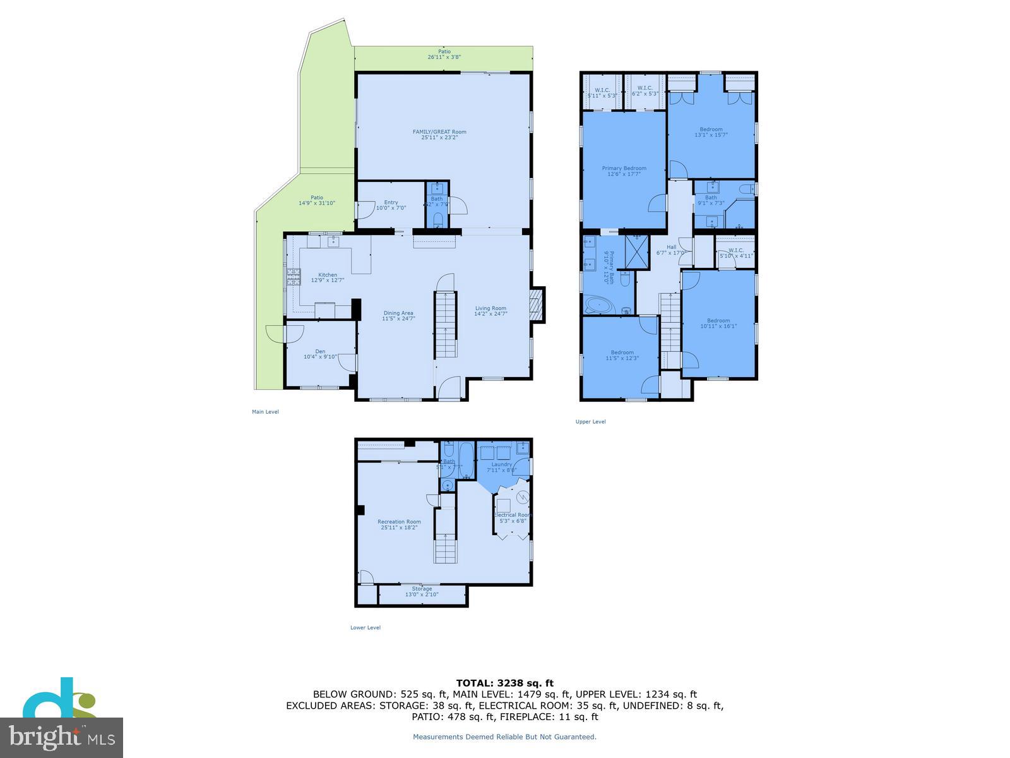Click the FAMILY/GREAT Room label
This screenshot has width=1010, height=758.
coord(439,135)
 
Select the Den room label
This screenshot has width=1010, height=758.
coord(320,354)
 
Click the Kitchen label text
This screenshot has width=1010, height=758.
coord(328,277)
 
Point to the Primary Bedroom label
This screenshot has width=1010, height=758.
coord(624,171)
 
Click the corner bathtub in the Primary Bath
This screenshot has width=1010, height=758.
coord(597,306)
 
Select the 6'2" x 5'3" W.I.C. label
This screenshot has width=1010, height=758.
coord(645,91)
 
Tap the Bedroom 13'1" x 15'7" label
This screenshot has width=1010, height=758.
coord(711,132)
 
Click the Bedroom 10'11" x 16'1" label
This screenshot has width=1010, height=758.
coord(718,323)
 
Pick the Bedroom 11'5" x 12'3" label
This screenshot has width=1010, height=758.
coord(622,355)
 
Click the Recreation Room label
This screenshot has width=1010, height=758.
coord(399,524)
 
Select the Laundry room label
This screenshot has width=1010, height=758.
coord(502,467)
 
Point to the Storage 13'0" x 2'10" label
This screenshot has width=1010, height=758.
coord(422,591)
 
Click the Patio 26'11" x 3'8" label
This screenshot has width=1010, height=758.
coord(444,54)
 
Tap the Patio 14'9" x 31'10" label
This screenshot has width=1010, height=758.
coord(316,200)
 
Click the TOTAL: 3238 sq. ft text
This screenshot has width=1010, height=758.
coord(504,683)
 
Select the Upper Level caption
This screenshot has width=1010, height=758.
coord(590,421)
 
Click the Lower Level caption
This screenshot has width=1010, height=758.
coord(365,627)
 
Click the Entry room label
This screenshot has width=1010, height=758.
coord(391,205)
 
